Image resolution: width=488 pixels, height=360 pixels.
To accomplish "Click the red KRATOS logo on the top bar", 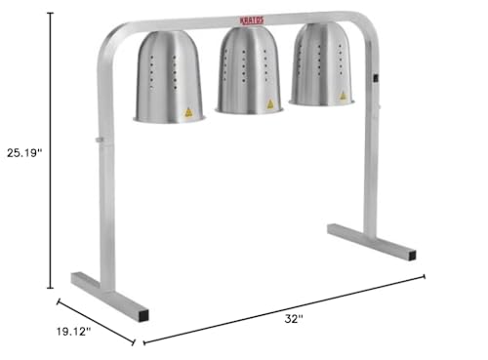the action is (252, 20).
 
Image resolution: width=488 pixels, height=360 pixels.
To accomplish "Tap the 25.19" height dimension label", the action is (24, 153).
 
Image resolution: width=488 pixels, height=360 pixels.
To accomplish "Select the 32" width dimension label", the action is (294, 319).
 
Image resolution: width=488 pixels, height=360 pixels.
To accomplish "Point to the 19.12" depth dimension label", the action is (73, 332).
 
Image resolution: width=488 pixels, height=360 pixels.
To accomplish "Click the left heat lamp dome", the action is (169, 77).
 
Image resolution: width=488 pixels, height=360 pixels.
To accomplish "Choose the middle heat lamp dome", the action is (249, 70).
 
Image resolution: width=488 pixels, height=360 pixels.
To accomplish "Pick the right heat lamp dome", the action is (321, 64).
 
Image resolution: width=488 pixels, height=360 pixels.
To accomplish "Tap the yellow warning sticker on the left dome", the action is (188, 112).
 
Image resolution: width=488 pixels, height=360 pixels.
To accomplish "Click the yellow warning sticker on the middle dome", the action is (270, 104).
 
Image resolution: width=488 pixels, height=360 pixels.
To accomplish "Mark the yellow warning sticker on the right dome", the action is (343, 96).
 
